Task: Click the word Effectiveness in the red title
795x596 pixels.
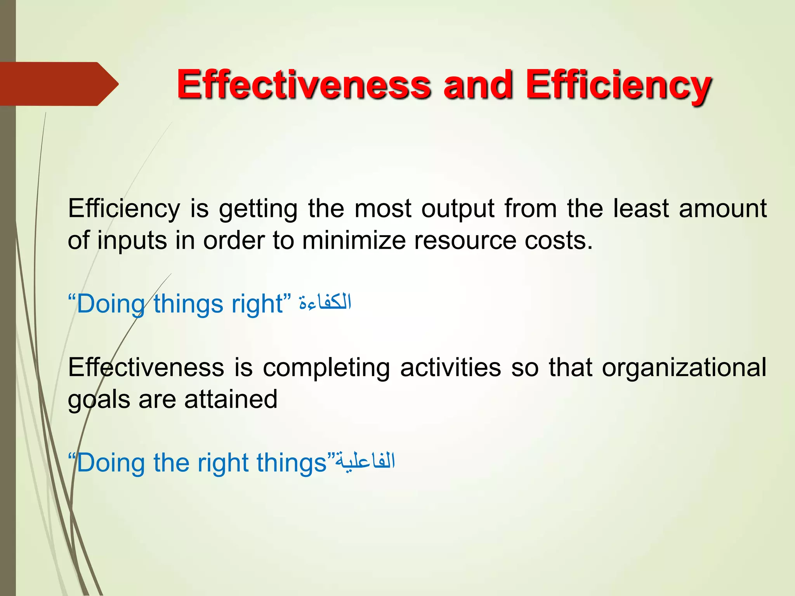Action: pyautogui.click(x=304, y=85)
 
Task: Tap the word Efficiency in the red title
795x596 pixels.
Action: pyautogui.click(x=618, y=85)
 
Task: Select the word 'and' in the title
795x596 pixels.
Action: pyautogui.click(x=478, y=85)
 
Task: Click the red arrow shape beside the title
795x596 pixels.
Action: pyautogui.click(x=58, y=84)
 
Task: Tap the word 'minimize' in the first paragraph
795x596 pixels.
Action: pyautogui.click(x=353, y=241)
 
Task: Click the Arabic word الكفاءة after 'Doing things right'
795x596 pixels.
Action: pyautogui.click(x=325, y=302)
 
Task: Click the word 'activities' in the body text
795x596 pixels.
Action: pyautogui.click(x=450, y=367)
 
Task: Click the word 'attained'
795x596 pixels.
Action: pyautogui.click(x=231, y=399)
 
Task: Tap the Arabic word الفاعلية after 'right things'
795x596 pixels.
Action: pyautogui.click(x=365, y=461)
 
